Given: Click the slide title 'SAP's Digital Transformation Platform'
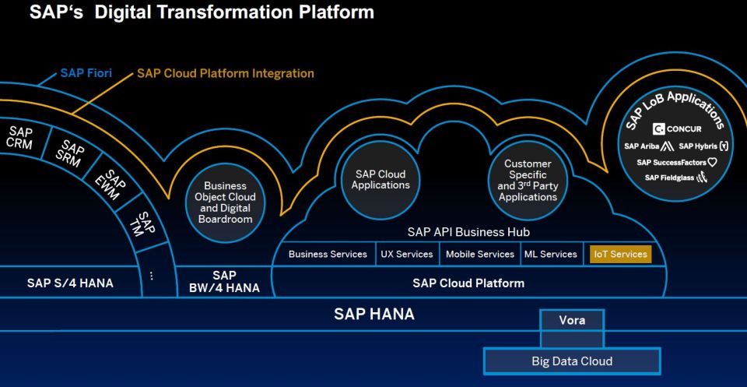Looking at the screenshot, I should [x=191, y=13].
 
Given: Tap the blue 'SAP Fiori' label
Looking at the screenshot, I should [x=86, y=74].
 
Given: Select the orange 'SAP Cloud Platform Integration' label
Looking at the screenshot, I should [x=226, y=74].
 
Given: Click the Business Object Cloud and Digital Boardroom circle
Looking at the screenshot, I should [x=225, y=202].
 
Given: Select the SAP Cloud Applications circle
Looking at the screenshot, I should [x=381, y=180].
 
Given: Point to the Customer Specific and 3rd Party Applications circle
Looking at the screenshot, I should [x=528, y=180].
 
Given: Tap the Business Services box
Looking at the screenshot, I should [x=328, y=254].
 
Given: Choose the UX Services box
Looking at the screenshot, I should [x=407, y=254].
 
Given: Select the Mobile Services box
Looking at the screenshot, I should [x=480, y=254].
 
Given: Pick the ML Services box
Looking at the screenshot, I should [x=549, y=254].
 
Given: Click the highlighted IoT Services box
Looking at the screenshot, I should [x=620, y=254].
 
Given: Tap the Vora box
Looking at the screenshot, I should [x=572, y=320].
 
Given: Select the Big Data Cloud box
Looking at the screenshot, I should [x=572, y=361].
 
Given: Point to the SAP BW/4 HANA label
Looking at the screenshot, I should [x=225, y=282].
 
